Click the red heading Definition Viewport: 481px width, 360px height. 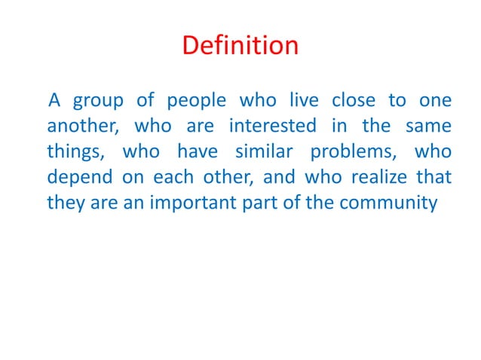[x=240, y=46]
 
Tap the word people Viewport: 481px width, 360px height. [x=192, y=102]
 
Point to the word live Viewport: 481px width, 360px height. [x=305, y=100]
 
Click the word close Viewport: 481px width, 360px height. [x=359, y=100]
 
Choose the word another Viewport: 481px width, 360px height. [x=78, y=126]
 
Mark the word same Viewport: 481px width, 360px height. [x=430, y=126]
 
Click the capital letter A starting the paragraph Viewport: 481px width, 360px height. [x=54, y=100]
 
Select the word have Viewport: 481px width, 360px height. [x=198, y=151]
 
